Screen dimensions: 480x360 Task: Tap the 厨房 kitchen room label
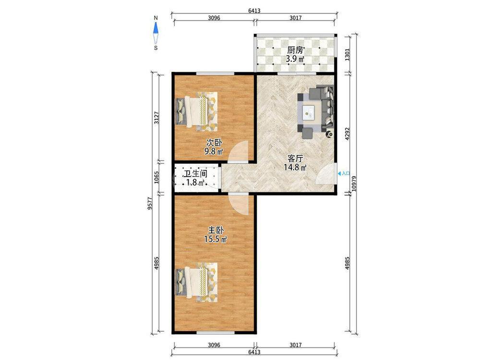click(295, 50)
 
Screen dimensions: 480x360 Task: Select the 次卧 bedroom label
click(214, 143)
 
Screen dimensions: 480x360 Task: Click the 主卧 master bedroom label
click(216, 230)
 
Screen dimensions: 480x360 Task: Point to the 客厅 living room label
click(295, 158)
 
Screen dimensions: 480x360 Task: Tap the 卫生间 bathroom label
click(195, 174)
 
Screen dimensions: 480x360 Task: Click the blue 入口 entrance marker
click(344, 173)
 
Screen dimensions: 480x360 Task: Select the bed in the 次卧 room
click(196, 111)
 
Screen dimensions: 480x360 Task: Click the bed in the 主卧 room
click(196, 282)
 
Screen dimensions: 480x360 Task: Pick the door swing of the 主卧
click(238, 205)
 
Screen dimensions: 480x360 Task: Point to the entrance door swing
click(326, 174)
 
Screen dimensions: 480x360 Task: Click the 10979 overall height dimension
click(355, 183)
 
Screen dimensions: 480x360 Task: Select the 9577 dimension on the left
click(150, 203)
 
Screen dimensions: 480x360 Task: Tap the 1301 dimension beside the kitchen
click(347, 55)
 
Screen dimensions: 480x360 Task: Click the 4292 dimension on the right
click(347, 134)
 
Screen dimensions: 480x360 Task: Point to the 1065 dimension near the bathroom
click(157, 178)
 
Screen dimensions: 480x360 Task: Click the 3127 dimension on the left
click(157, 118)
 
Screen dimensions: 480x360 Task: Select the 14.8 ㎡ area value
click(295, 168)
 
